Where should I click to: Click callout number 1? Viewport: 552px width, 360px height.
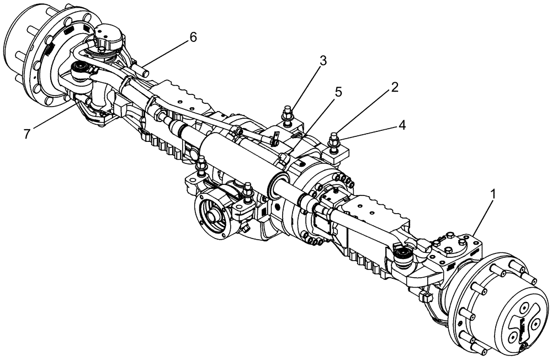click(493, 194)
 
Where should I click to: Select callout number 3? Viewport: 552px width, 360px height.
click(323, 60)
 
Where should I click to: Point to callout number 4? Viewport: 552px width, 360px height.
click(402, 125)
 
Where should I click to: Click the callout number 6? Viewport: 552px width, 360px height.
click(193, 37)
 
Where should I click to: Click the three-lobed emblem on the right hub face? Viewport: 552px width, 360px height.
click(522, 328)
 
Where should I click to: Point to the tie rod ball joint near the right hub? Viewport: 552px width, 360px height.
click(403, 255)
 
